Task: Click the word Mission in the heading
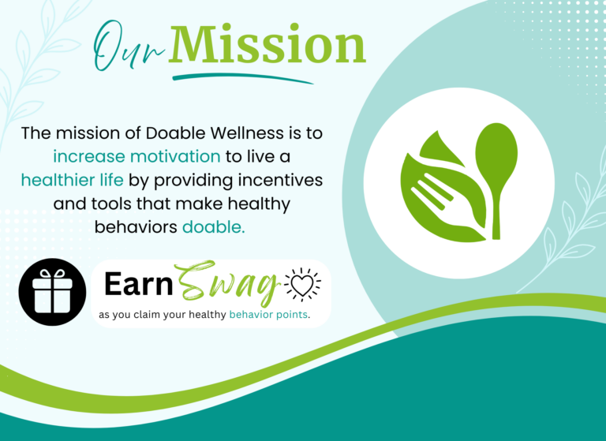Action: (x=267, y=44)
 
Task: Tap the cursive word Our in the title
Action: (x=129, y=47)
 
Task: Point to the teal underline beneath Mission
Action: (x=243, y=77)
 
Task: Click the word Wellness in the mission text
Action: (x=247, y=133)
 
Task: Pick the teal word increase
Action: (x=89, y=157)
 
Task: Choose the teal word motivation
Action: (x=175, y=157)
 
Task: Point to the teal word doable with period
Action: (x=214, y=227)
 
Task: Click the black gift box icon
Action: (x=52, y=292)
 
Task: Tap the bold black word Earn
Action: (x=138, y=284)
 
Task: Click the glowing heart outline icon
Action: (x=302, y=285)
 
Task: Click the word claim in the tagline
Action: (x=147, y=315)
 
